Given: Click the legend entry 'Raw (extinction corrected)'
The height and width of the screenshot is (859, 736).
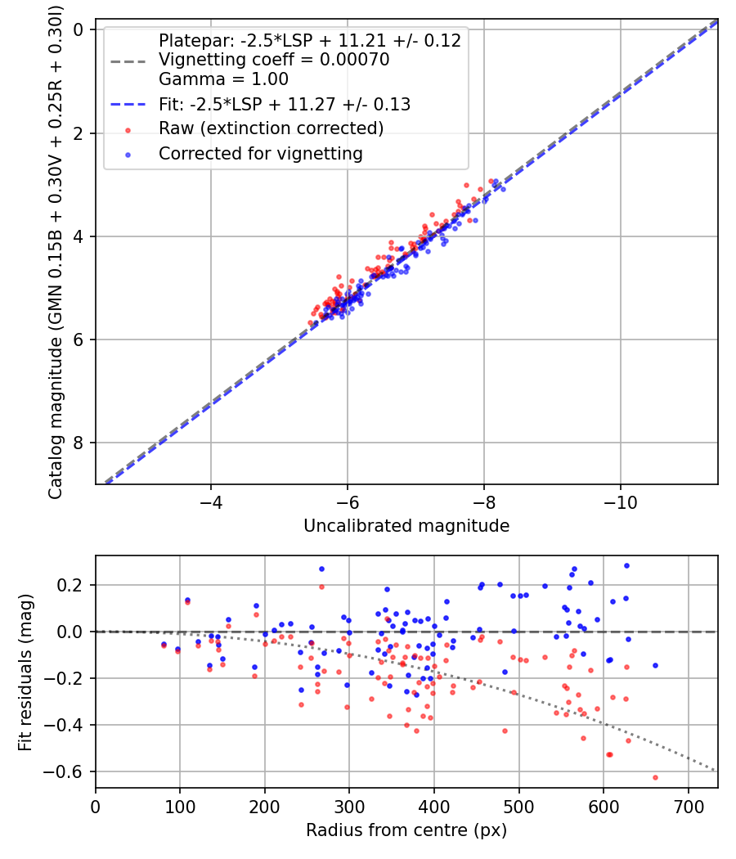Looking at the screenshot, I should pyautogui.click(x=271, y=128).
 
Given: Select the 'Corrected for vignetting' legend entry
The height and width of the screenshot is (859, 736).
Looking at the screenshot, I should pyautogui.click(x=261, y=153).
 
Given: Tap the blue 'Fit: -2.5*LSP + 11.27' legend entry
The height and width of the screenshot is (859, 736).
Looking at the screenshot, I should pyautogui.click(x=285, y=104).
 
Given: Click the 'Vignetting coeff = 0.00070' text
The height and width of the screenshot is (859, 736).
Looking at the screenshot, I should pyautogui.click(x=274, y=60).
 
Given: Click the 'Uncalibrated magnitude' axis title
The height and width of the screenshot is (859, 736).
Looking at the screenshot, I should pyautogui.click(x=406, y=526).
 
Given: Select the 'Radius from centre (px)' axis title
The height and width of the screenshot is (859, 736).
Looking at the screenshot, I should pyautogui.click(x=406, y=830).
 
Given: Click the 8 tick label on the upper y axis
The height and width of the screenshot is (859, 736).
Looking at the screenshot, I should pyautogui.click(x=79, y=443).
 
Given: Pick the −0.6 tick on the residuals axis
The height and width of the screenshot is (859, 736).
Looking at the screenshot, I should pyautogui.click(x=71, y=771).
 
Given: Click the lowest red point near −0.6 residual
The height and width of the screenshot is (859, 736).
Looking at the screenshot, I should pyautogui.click(x=655, y=777).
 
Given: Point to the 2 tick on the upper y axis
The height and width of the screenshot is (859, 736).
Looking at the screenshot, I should pyautogui.click(x=79, y=133).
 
